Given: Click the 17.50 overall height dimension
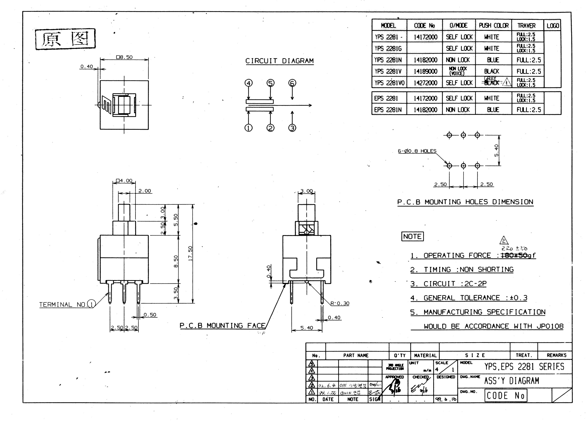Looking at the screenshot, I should tap(190, 253).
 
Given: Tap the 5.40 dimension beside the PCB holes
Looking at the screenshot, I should tap(496, 150).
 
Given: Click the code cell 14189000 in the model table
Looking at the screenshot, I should tap(425, 71).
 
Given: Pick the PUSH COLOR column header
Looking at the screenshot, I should tap(494, 26).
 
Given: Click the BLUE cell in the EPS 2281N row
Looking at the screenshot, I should tap(493, 110).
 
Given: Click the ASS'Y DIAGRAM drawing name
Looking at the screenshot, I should tap(511, 381).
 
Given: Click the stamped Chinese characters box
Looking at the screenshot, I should tap(65, 39).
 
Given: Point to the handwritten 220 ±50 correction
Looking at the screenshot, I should tap(514, 249).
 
